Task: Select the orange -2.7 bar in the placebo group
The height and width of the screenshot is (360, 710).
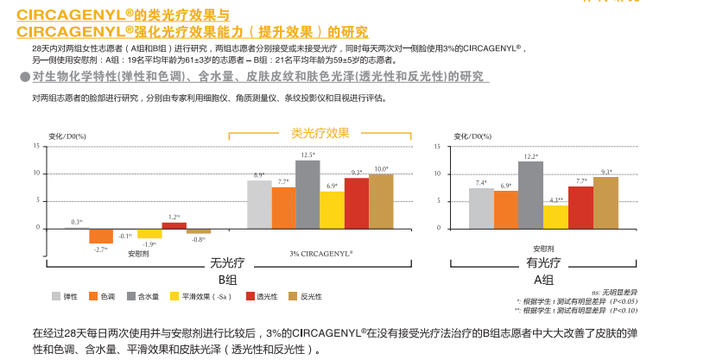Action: (x=101, y=236)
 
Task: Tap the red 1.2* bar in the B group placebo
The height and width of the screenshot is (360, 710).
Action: (x=174, y=225)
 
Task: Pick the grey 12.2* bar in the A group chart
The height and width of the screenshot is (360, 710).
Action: (x=530, y=195)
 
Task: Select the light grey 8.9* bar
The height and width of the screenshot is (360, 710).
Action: (x=259, y=204)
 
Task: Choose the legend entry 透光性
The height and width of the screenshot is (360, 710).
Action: (x=261, y=296)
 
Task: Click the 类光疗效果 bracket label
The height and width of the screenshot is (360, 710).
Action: (x=320, y=133)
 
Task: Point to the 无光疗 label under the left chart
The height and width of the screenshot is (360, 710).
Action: (x=227, y=264)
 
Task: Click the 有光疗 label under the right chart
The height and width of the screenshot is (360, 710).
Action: (x=543, y=264)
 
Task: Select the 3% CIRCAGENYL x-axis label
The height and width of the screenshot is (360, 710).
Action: (x=320, y=252)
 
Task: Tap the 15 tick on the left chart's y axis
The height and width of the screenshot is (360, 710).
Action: (x=37, y=146)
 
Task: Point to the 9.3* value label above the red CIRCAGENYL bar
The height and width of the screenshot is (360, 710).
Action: (x=357, y=173)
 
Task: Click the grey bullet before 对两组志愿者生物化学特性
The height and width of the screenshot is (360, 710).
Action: (x=24, y=77)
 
